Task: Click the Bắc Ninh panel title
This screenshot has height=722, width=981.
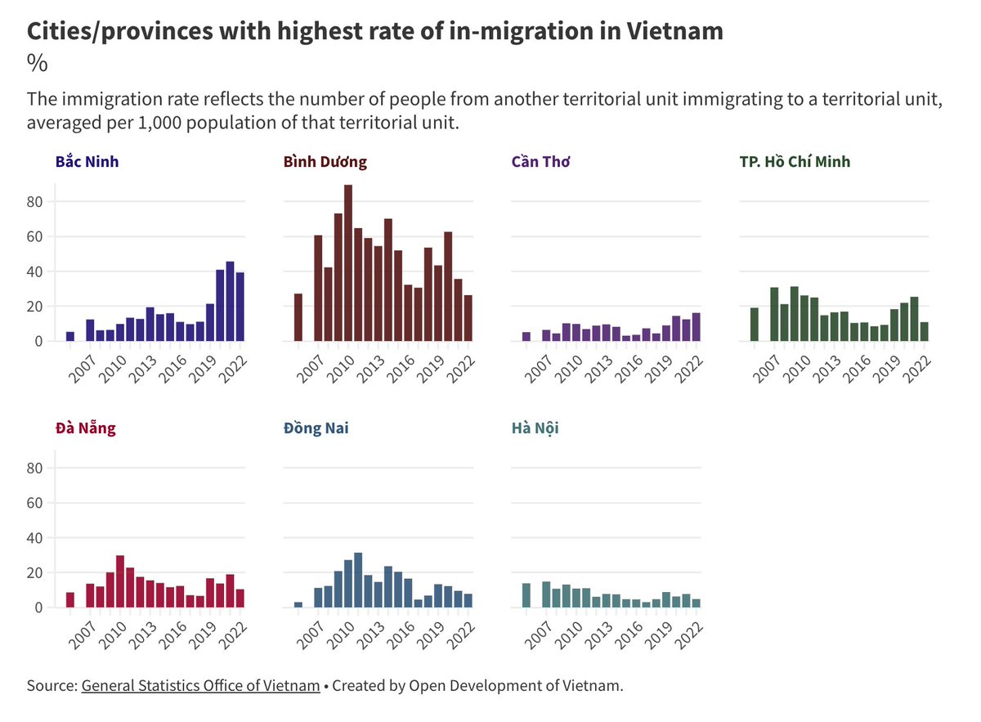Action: [x=87, y=162]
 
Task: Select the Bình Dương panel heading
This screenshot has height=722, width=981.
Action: [x=325, y=162]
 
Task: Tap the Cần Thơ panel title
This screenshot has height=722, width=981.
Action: [x=540, y=162]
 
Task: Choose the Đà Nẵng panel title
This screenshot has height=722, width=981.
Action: [x=85, y=428]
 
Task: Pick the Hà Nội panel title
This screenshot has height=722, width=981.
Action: [x=535, y=428]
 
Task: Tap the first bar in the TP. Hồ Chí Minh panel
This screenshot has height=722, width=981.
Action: [x=755, y=325]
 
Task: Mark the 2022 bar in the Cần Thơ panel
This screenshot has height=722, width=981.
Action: [x=697, y=327]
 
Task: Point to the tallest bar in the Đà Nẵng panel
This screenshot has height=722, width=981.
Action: [x=120, y=581]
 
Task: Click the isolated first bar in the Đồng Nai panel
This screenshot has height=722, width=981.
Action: [x=298, y=605]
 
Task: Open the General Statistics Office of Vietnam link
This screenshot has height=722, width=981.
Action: [x=200, y=685]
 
